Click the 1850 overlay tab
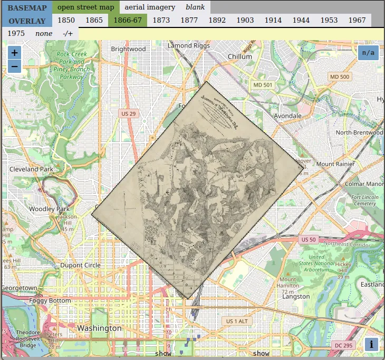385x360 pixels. click(66, 21)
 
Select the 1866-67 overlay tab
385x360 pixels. click(128, 21)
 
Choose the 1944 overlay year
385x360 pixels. click(301, 21)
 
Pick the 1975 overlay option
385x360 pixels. click(16, 33)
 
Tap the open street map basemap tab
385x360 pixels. click(85, 7)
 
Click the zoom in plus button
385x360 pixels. click(14, 53)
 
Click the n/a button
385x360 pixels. click(368, 53)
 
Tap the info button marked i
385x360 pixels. click(371, 344)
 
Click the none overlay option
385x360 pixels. click(44, 33)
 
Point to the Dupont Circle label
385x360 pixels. click(80, 265)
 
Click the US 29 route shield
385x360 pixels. click(128, 113)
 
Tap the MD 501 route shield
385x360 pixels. click(263, 85)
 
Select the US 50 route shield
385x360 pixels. click(309, 240)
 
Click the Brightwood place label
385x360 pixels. click(128, 49)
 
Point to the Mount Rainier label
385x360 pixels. click(335, 164)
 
